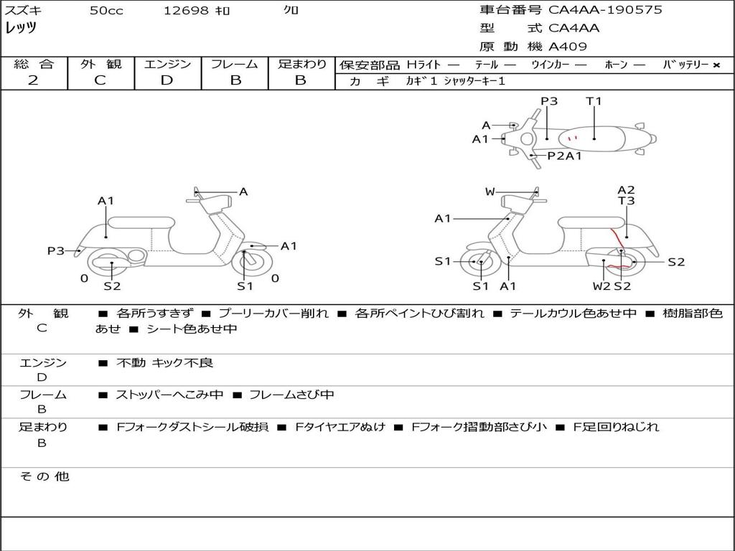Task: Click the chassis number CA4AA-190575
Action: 605,10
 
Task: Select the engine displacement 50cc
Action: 106,11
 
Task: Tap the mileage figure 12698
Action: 186,11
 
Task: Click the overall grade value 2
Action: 33,80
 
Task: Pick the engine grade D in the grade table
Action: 167,80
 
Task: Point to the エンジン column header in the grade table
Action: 167,65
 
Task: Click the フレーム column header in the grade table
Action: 235,65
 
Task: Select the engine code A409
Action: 568,47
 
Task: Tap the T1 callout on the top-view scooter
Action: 594,101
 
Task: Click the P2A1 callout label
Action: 564,156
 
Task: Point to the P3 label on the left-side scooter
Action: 56,250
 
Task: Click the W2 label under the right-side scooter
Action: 601,286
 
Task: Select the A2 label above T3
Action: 626,190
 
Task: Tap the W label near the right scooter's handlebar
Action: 490,192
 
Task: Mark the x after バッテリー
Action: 716,65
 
